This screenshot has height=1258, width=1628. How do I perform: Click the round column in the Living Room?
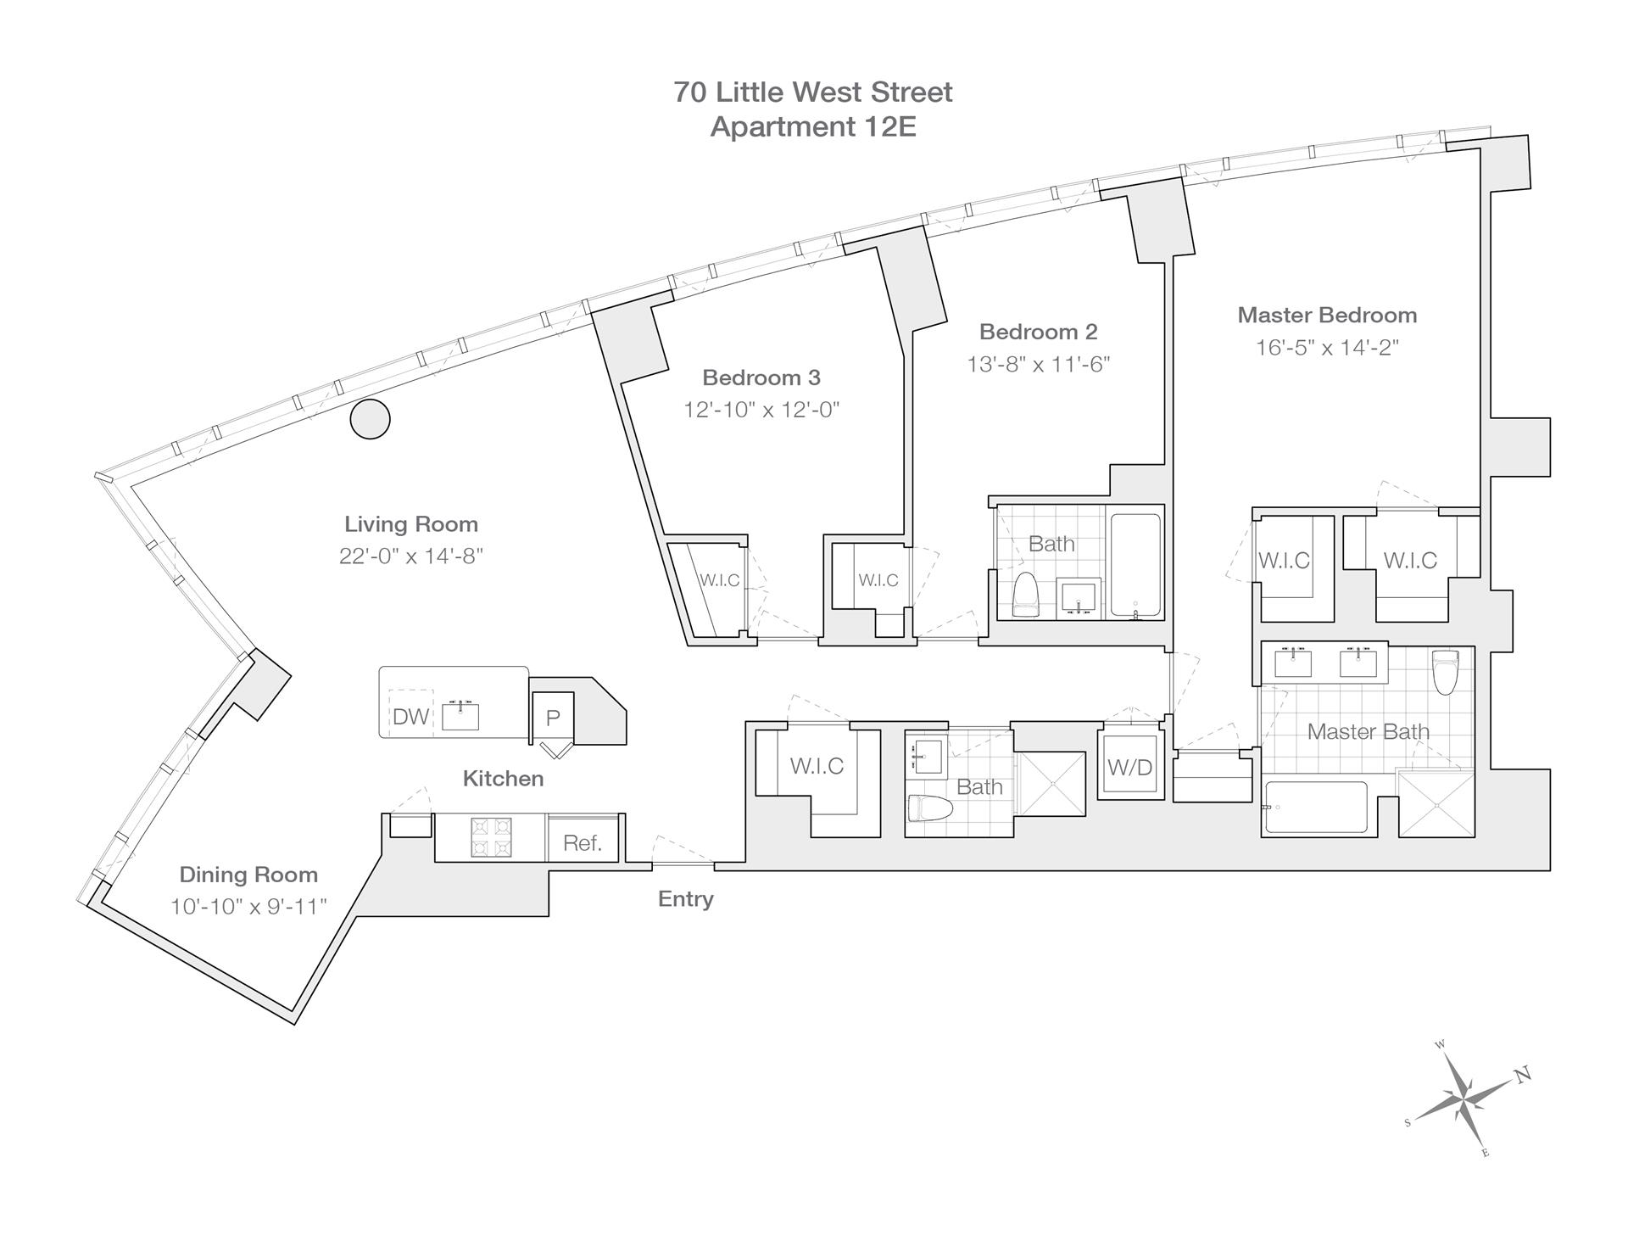371,418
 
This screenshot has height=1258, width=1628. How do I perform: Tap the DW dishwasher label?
410,717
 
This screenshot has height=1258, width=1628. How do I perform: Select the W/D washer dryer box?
1130,767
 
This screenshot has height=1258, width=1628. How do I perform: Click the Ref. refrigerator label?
583,842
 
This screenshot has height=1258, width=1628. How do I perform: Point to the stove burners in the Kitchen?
492,836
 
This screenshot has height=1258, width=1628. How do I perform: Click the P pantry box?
553,718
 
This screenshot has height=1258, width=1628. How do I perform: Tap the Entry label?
685,899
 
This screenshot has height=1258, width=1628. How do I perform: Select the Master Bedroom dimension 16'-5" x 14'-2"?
1327,348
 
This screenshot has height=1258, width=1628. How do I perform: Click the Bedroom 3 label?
761,377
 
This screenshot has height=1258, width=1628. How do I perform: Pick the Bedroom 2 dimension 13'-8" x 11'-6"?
1038,364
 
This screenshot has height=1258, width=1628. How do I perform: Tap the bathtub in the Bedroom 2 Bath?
1135,564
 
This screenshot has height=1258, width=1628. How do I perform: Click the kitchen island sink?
460,717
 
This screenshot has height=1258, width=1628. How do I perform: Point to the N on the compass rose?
1523,1075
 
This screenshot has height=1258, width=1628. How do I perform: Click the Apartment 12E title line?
813,126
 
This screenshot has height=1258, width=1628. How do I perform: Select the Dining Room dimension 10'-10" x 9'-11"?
248,907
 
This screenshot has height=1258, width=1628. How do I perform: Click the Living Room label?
411,524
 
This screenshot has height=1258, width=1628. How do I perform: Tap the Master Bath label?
1368,731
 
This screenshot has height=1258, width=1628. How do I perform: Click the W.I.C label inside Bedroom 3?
719,580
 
